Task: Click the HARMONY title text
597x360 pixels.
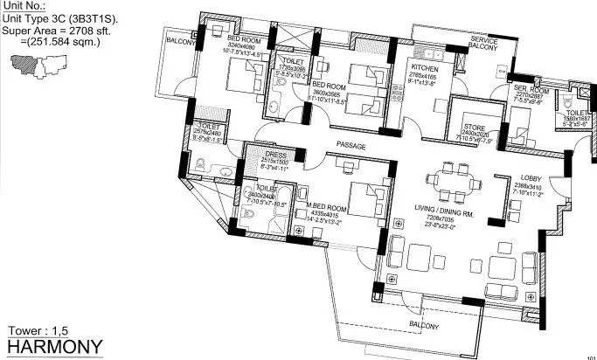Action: click(55, 347)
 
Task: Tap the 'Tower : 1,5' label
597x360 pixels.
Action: click(38, 330)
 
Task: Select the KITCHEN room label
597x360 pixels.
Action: click(427, 68)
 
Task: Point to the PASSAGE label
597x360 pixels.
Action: click(351, 146)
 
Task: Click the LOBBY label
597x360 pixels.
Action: click(507, 177)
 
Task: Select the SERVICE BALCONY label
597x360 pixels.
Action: click(483, 44)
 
